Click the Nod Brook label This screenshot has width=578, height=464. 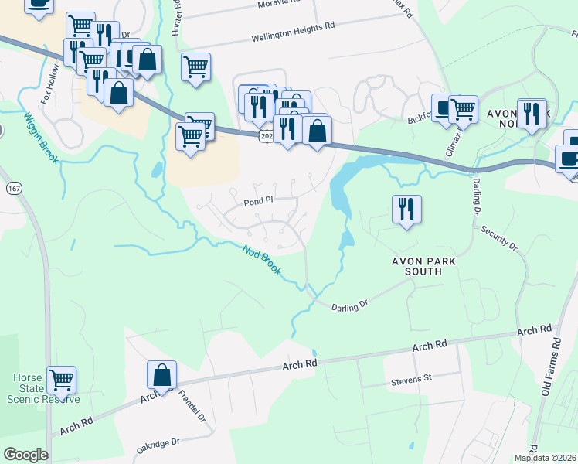(x=260, y=261)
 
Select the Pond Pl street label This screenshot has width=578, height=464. (x=259, y=200)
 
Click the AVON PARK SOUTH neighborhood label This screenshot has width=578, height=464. (x=416, y=267)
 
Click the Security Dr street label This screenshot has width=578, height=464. (x=498, y=237)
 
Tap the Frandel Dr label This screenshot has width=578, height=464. (x=192, y=406)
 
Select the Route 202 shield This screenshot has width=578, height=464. (x=267, y=136)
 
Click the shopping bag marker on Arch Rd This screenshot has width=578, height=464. (x=161, y=376)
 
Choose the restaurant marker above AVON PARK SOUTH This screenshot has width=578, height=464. (x=406, y=208)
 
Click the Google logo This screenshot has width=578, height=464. (x=25, y=455)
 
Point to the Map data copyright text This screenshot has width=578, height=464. (x=544, y=458)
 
